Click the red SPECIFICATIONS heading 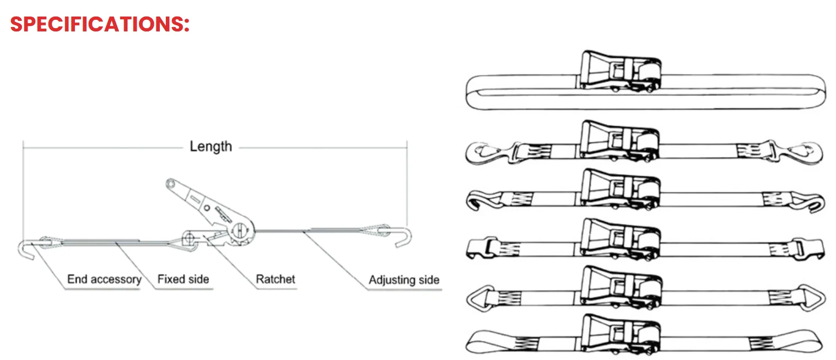[x=100, y=24]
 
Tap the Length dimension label [x=211, y=147]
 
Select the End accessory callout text [x=104, y=280]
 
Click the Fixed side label [x=183, y=280]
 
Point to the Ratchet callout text [x=276, y=280]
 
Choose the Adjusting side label [x=404, y=280]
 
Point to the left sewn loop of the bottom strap [x=490, y=343]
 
